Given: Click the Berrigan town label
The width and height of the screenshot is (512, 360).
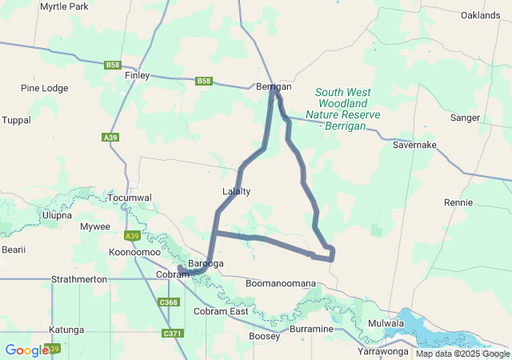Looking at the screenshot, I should click(x=274, y=86).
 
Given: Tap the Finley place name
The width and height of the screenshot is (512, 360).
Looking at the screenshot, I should click(x=138, y=75).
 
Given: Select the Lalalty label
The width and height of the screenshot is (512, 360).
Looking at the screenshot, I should click(x=236, y=191).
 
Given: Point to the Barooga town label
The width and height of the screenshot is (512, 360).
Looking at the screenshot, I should click(x=206, y=263).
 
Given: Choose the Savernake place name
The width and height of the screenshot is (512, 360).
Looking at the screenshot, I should click(x=414, y=145).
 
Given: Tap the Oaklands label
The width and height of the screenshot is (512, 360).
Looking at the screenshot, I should click(x=480, y=15).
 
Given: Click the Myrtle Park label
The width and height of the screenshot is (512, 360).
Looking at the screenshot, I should click(x=64, y=6).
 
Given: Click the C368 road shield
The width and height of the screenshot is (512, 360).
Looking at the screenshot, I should click(x=169, y=302).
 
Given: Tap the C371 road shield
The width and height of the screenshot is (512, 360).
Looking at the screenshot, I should click(x=172, y=333).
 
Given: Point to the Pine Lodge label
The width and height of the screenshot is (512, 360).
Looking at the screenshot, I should click(x=45, y=88).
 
